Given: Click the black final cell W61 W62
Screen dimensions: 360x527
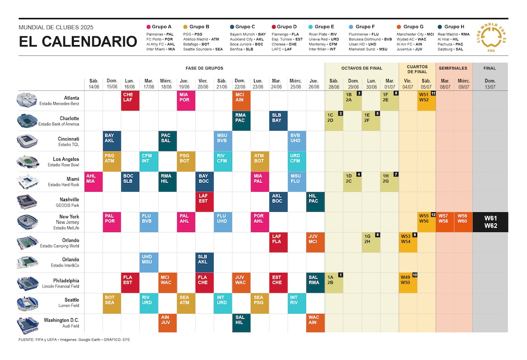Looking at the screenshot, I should click(490, 222).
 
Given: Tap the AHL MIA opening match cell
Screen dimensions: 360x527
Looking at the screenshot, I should click(93, 181).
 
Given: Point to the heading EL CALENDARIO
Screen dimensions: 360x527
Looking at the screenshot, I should click(78, 42).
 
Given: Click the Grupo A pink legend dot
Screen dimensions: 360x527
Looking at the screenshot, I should click(148, 26).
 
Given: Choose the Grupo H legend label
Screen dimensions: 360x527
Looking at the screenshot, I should click(454, 26).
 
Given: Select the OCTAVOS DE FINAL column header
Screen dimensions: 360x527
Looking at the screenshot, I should click(362, 68).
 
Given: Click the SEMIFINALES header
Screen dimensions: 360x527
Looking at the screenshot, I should click(454, 68).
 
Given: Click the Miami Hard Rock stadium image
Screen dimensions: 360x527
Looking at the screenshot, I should click(27, 181).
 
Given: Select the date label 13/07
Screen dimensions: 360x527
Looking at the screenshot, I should click(490, 86).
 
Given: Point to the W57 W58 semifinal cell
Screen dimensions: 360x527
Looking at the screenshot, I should click(445, 222).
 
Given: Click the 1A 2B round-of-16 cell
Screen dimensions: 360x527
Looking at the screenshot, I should click(334, 282).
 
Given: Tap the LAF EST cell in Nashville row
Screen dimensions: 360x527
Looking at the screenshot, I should click(204, 202).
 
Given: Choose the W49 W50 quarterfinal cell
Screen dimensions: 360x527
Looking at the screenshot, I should click(408, 282).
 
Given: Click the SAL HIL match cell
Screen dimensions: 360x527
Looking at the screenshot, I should click(241, 323).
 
